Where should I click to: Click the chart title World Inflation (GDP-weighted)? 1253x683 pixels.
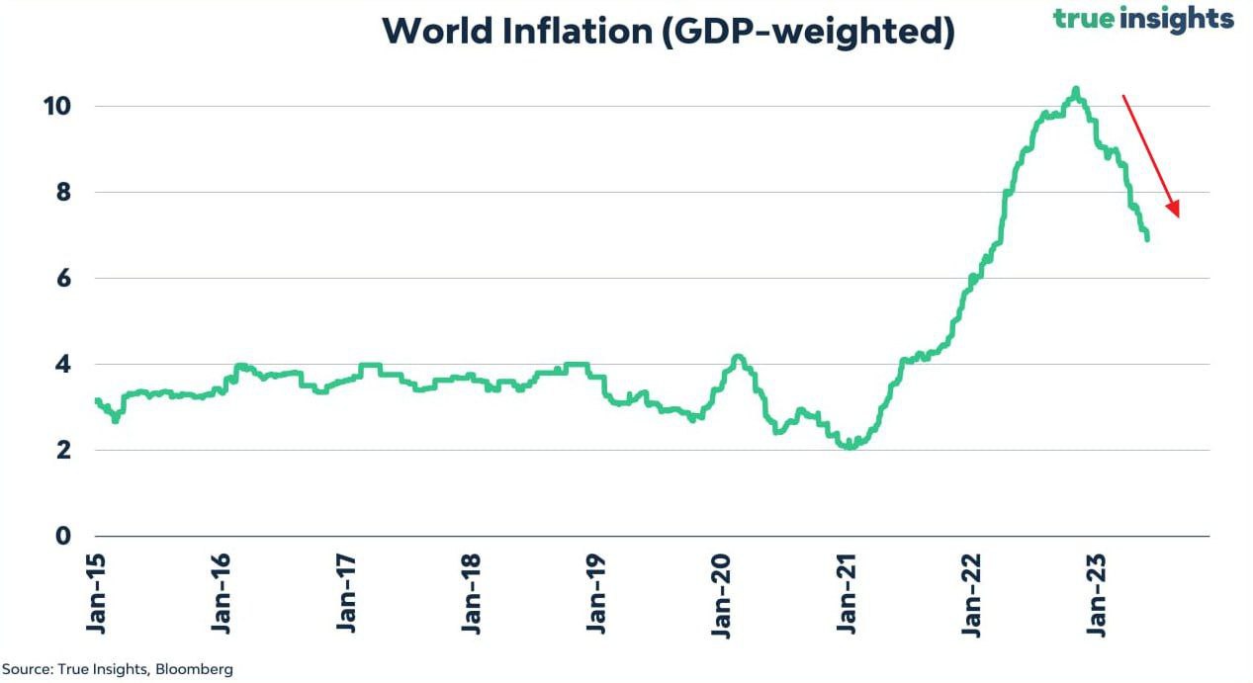click(669, 32)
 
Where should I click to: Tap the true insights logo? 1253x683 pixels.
click(1143, 18)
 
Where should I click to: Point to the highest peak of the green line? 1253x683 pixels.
click(1075, 89)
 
